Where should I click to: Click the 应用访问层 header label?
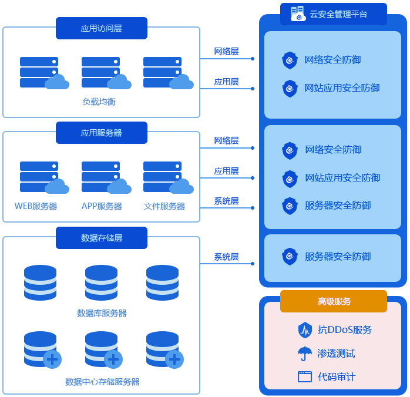click(101, 28)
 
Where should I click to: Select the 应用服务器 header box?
click(101, 133)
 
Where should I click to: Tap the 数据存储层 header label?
click(101, 238)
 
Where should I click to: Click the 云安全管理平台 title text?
click(338, 14)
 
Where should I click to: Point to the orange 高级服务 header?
click(334, 301)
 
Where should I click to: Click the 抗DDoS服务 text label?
click(345, 329)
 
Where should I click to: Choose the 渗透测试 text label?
click(336, 354)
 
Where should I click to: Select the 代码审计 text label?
click(336, 377)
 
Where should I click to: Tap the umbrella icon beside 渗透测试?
click(304, 354)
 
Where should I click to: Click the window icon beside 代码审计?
click(304, 377)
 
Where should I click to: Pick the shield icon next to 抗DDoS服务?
click(304, 329)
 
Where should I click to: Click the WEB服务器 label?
click(35, 206)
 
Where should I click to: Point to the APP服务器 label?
click(101, 206)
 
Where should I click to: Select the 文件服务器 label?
click(164, 206)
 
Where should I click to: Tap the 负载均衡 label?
click(99, 102)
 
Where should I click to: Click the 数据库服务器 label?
click(101, 313)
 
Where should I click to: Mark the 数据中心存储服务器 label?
click(102, 382)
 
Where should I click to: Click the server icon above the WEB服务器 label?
click(40, 176)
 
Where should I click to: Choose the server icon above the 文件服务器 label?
click(163, 176)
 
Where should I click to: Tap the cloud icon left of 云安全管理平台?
click(297, 14)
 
